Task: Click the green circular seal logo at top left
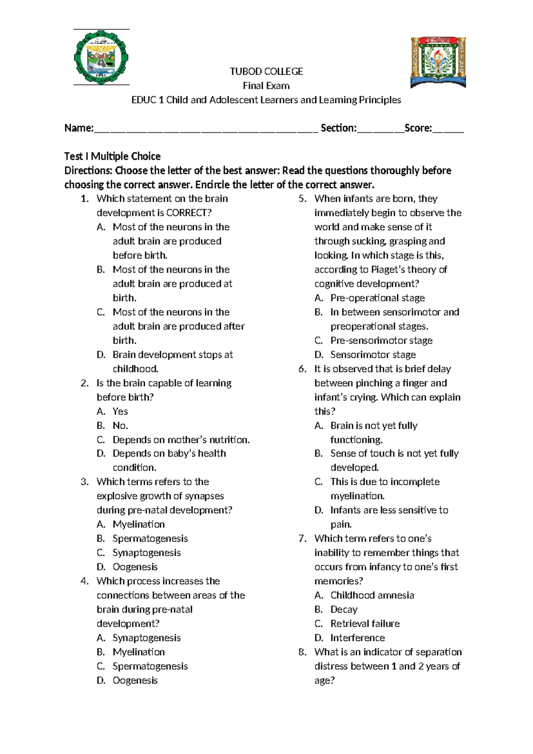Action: [101, 57]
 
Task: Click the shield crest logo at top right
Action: [438, 62]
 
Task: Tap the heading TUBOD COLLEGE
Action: [266, 72]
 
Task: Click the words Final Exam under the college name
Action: [266, 86]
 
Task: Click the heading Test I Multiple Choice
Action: [112, 156]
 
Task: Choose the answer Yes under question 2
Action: [120, 411]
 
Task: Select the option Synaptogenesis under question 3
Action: [147, 553]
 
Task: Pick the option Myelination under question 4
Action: [139, 652]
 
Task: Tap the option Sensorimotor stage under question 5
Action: [373, 354]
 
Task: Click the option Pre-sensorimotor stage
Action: [381, 340]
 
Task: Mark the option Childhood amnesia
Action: [372, 595]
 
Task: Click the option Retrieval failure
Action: [365, 623]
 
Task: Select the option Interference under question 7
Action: [358, 638]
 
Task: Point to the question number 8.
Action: [302, 652]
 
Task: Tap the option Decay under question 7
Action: [344, 609]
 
